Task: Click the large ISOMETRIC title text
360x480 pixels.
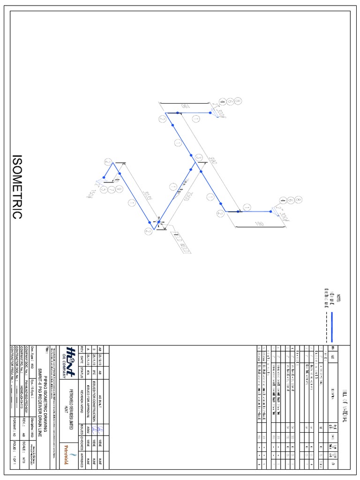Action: pos(17,187)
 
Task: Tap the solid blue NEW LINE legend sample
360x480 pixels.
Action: pos(331,327)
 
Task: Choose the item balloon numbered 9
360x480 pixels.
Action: pos(119,189)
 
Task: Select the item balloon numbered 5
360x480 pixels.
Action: pos(111,189)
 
